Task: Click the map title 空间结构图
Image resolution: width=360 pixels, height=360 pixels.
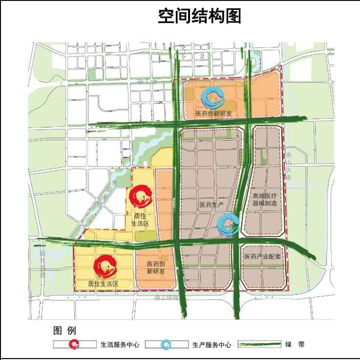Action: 200,16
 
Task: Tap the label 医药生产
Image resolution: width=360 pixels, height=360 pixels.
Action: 212,204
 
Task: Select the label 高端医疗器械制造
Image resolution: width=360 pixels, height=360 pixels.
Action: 264,200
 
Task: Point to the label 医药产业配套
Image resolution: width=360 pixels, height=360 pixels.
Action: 262,256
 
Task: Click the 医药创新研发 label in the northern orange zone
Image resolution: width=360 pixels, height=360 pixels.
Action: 213,114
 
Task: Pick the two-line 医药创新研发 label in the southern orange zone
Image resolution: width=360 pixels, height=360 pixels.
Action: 156,268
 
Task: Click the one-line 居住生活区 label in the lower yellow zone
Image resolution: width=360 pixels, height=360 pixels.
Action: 103,283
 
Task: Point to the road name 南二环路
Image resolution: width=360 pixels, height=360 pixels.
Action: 167,297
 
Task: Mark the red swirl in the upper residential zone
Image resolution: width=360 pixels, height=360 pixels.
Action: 141,196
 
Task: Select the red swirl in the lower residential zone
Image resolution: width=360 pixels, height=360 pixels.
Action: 106,266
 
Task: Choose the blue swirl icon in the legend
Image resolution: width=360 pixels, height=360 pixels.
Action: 167,344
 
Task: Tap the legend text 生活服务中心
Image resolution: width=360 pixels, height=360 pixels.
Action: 120,345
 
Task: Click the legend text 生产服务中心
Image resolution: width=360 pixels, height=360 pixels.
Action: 212,345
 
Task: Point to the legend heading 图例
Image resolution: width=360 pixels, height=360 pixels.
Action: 64,331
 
